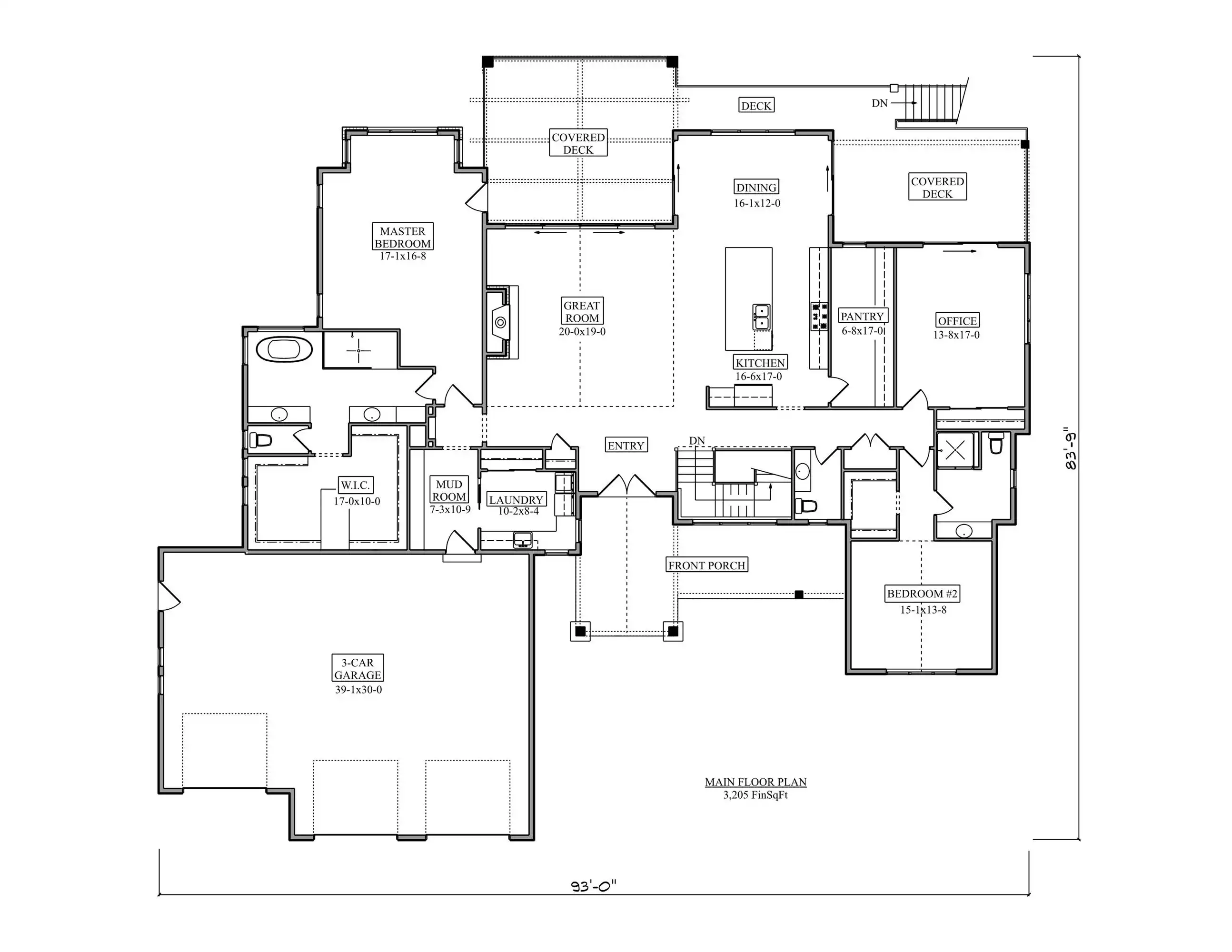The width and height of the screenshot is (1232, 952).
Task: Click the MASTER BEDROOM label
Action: pos(403,237)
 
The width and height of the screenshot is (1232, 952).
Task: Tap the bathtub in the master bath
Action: pos(284,350)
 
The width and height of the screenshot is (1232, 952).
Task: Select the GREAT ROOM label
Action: pos(582,311)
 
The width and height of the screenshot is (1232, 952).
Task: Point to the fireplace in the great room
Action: pos(501,322)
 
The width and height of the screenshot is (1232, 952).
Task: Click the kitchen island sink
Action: pos(761,317)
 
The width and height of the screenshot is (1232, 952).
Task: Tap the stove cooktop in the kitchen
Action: pos(820,317)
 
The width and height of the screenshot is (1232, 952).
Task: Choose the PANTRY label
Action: pos(863,317)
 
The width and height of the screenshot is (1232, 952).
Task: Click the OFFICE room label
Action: pos(957,320)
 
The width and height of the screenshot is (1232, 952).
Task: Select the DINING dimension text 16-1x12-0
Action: pos(757,203)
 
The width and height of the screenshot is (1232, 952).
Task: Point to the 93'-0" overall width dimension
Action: pos(594,886)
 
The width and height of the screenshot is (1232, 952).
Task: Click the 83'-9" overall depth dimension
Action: pos(1070,448)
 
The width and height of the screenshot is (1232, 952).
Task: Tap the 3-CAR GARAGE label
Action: pos(358,668)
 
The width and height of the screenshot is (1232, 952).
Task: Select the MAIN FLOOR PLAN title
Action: pos(756,782)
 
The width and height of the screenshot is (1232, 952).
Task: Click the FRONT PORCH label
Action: pos(707,565)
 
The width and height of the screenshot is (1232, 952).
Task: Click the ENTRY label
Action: pos(626,445)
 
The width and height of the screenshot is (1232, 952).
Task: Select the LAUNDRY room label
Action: pos(516,499)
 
